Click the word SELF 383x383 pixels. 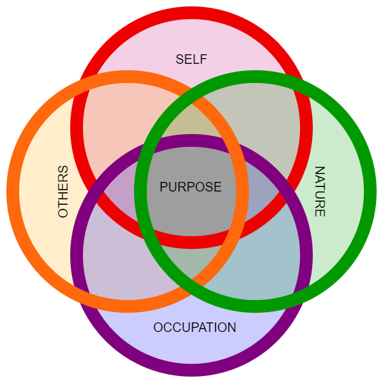(191, 59)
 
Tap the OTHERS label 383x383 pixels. (63, 191)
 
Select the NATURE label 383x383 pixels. (320, 191)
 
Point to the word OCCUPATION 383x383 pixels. (195, 327)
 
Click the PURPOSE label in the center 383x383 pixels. (191, 187)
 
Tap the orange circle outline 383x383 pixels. (13, 191)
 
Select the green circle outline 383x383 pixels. (370, 191)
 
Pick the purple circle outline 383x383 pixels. (191, 370)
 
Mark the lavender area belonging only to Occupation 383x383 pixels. (191, 348)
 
